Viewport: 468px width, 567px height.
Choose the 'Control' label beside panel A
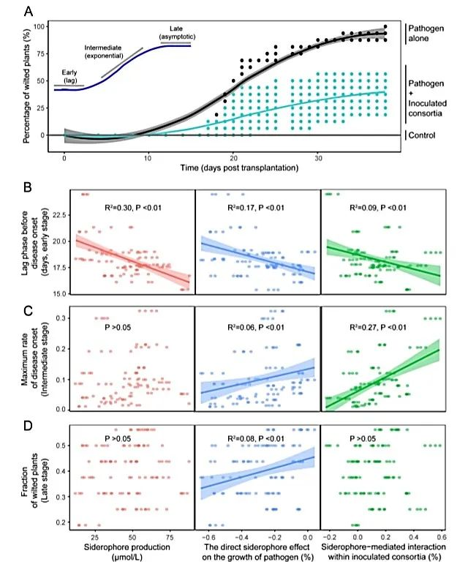click(425, 135)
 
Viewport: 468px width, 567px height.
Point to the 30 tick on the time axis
click(318, 158)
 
